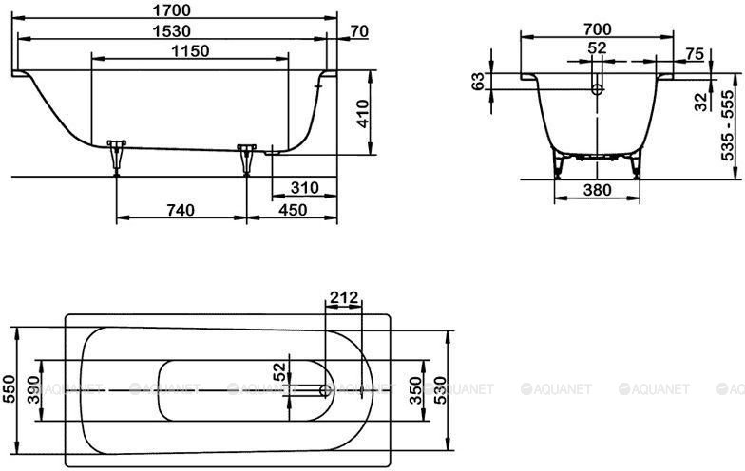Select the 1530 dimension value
(172, 31)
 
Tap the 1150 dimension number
(190, 51)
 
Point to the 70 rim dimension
(359, 31)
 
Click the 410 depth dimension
(363, 114)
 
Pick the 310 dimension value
(304, 188)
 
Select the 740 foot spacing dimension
(181, 209)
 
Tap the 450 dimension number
(293, 209)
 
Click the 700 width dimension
(597, 29)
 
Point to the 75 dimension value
(695, 54)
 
